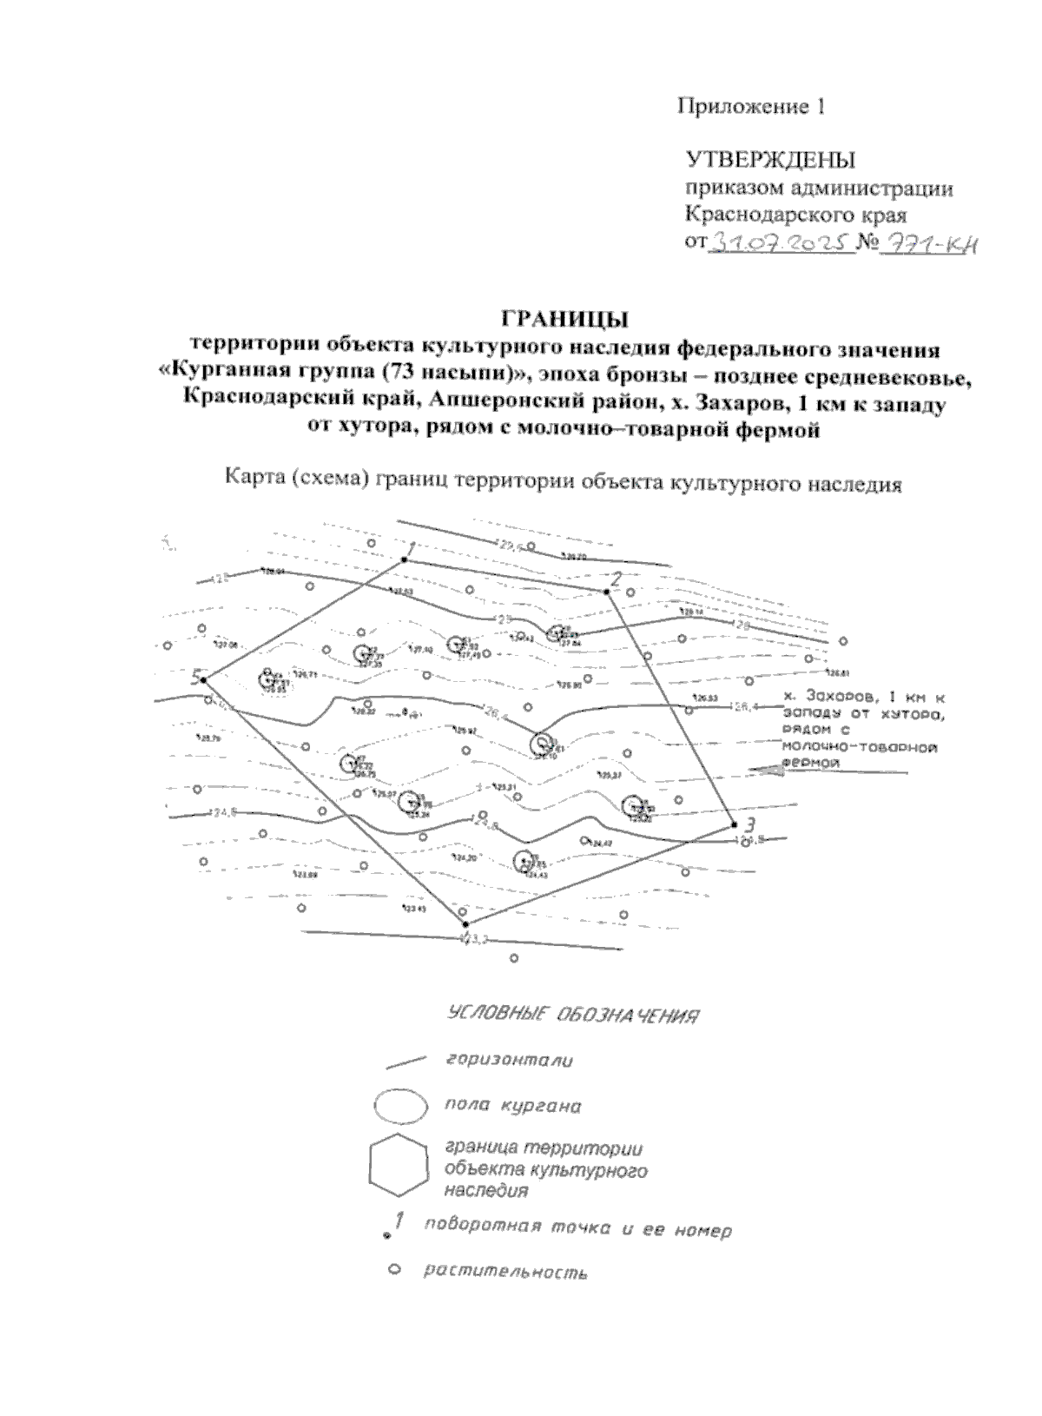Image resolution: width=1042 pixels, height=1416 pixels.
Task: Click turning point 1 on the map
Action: (x=404, y=559)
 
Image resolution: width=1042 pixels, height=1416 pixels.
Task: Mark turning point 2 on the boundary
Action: (x=607, y=592)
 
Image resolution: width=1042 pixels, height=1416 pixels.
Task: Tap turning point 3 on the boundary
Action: (x=734, y=824)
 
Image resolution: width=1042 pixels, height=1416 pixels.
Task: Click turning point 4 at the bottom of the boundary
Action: (x=465, y=923)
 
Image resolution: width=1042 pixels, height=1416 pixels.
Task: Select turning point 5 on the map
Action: (x=203, y=679)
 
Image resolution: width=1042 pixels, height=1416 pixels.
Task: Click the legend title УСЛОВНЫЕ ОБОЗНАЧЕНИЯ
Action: (x=573, y=1015)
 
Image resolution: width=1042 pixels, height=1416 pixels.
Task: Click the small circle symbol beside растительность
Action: (x=392, y=1269)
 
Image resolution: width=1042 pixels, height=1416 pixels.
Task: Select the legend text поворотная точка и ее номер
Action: (x=577, y=1229)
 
